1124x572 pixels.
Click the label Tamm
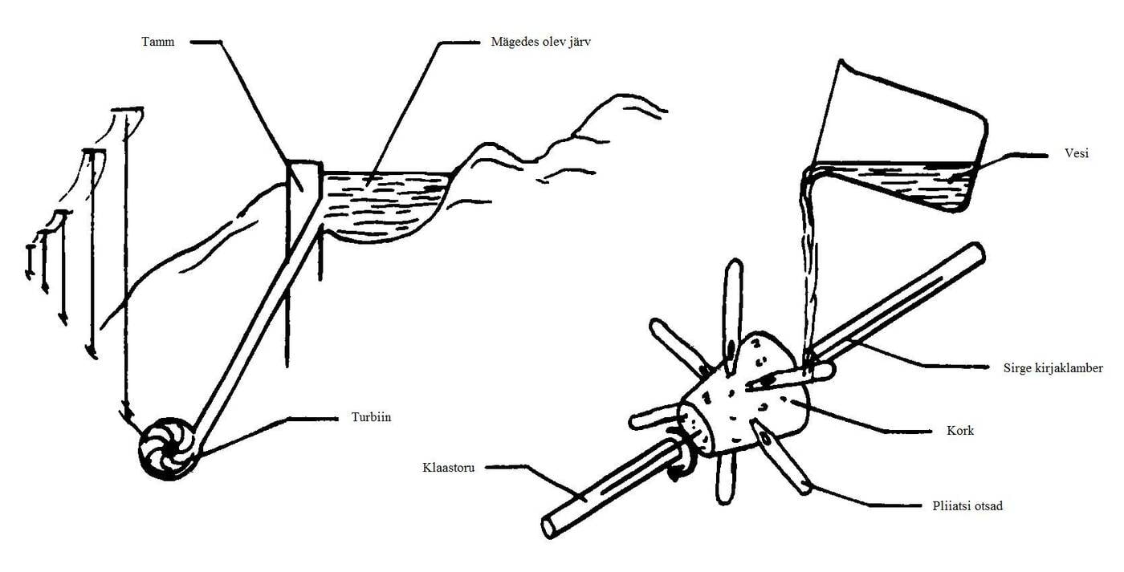coord(157,42)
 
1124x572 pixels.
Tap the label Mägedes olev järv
coord(540,42)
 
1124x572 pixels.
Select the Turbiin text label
coord(371,417)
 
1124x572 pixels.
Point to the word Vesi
coord(1077,153)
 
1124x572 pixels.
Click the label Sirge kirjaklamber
coord(1053,368)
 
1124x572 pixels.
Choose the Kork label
coord(960,431)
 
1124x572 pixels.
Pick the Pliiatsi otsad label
coord(967,506)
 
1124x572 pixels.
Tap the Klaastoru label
coord(448,468)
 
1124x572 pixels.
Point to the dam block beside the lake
coord(304,181)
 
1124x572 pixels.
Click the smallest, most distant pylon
coord(30,262)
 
